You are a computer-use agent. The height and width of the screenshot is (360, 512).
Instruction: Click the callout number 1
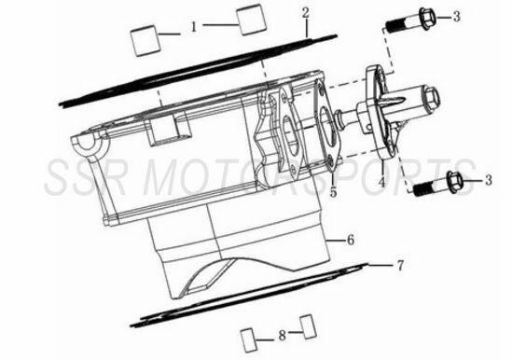[194, 27]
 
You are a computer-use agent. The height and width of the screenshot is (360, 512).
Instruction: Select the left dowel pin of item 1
[145, 40]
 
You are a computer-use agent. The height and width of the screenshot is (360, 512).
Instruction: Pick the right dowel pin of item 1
[251, 20]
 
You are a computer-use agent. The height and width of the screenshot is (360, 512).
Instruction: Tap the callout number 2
[305, 13]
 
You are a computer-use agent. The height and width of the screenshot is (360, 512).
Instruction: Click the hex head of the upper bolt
[427, 18]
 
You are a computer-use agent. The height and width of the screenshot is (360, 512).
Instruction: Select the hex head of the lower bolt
[454, 182]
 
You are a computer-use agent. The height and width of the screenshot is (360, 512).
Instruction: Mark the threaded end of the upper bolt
[394, 26]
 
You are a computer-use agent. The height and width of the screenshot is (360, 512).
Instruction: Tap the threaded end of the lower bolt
[422, 189]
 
